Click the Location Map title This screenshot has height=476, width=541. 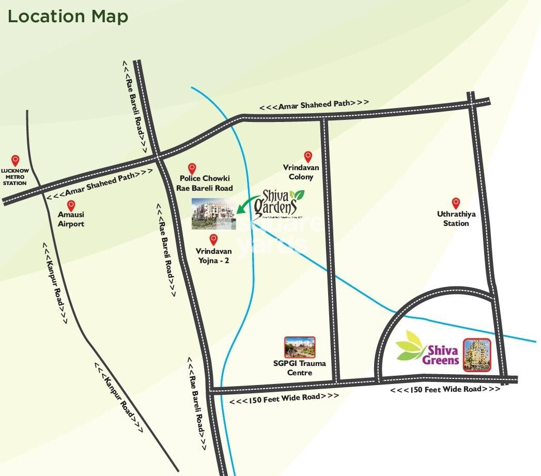[68, 17]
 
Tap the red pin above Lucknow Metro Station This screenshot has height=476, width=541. [16, 160]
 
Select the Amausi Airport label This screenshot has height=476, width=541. [71, 219]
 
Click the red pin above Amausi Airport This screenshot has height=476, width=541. [71, 205]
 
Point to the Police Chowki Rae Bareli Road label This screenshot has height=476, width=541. [205, 183]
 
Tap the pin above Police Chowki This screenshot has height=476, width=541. [192, 168]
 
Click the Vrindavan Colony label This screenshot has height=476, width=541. [301, 172]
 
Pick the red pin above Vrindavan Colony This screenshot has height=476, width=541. [308, 156]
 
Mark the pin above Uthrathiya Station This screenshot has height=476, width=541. [456, 203]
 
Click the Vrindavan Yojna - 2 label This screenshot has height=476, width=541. [212, 255]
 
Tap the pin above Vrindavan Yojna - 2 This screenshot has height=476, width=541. [213, 239]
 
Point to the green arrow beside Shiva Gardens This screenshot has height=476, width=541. [246, 203]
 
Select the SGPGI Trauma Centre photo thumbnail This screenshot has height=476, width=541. [300, 348]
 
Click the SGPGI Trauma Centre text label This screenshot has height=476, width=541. [300, 367]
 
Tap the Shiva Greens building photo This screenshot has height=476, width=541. [476, 355]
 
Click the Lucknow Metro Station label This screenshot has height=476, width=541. [14, 176]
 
